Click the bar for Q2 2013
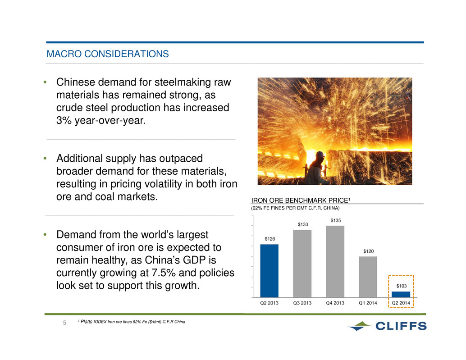coord(269,271)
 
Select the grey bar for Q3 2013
coord(302,264)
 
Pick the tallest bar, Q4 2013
coord(335,261)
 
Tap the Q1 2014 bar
coord(368,277)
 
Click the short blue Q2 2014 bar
coord(401,294)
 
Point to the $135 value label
coord(336,220)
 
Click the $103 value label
coord(401,286)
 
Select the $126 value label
coord(270,239)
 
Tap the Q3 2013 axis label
coord(302,303)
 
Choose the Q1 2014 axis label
coord(368,303)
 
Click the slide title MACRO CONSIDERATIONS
coord(108,54)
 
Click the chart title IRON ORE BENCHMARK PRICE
coord(300,201)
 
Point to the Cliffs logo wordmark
coord(401,326)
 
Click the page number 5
coord(64,323)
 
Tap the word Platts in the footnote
coord(87,322)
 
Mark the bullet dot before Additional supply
coord(45,158)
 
